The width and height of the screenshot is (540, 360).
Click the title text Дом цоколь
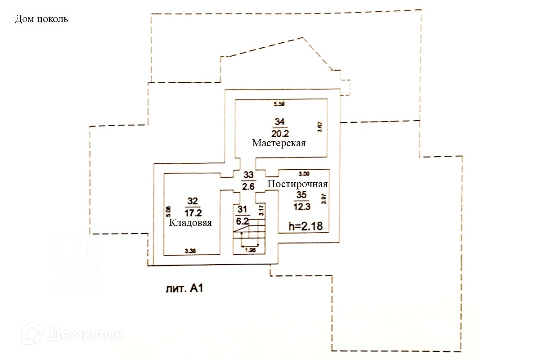pos(41,20)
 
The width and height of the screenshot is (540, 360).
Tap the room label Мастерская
pos(279,144)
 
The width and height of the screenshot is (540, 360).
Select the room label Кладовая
pos(190,223)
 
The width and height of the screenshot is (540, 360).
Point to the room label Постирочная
pos(297,184)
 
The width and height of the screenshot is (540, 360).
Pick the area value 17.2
pos(193,211)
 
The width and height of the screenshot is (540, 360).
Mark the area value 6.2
pos(242,220)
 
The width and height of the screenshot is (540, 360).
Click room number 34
pos(279,121)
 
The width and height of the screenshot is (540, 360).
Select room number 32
pos(193,201)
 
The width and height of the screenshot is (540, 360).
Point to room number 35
pos(301,195)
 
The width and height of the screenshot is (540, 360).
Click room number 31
pos(242,209)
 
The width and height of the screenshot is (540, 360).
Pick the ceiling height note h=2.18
pos(306,227)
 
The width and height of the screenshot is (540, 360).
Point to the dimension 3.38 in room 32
pos(190,251)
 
